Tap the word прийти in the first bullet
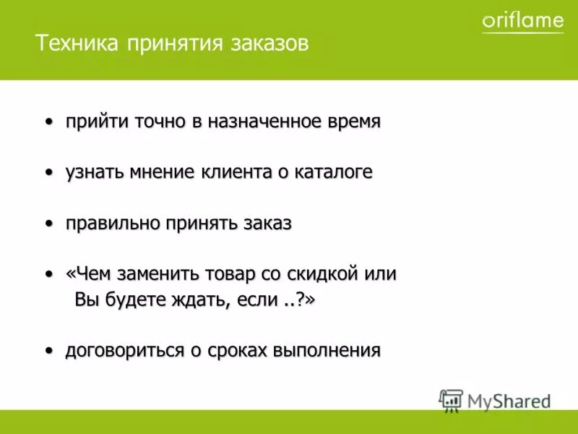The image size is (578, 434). point(94,122)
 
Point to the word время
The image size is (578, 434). point(352,122)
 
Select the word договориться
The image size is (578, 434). point(124,352)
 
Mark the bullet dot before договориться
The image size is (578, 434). point(49,351)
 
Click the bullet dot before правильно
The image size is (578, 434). point(49,224)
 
